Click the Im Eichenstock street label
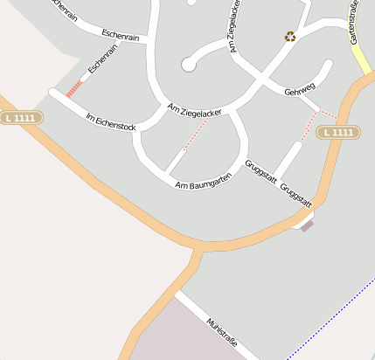pyautogui.click(x=111, y=122)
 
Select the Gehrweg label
pyautogui.click(x=299, y=92)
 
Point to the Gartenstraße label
pyautogui.click(x=354, y=25)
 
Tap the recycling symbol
pyautogui.click(x=289, y=37)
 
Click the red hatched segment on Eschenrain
pyautogui.click(x=75, y=88)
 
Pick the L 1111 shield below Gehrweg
pyautogui.click(x=337, y=133)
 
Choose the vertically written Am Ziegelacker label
pyautogui.click(x=234, y=28)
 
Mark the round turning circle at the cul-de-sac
pyautogui.click(x=188, y=64)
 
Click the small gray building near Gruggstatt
pyautogui.click(x=307, y=225)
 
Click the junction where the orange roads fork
pyautogui.click(x=200, y=249)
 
